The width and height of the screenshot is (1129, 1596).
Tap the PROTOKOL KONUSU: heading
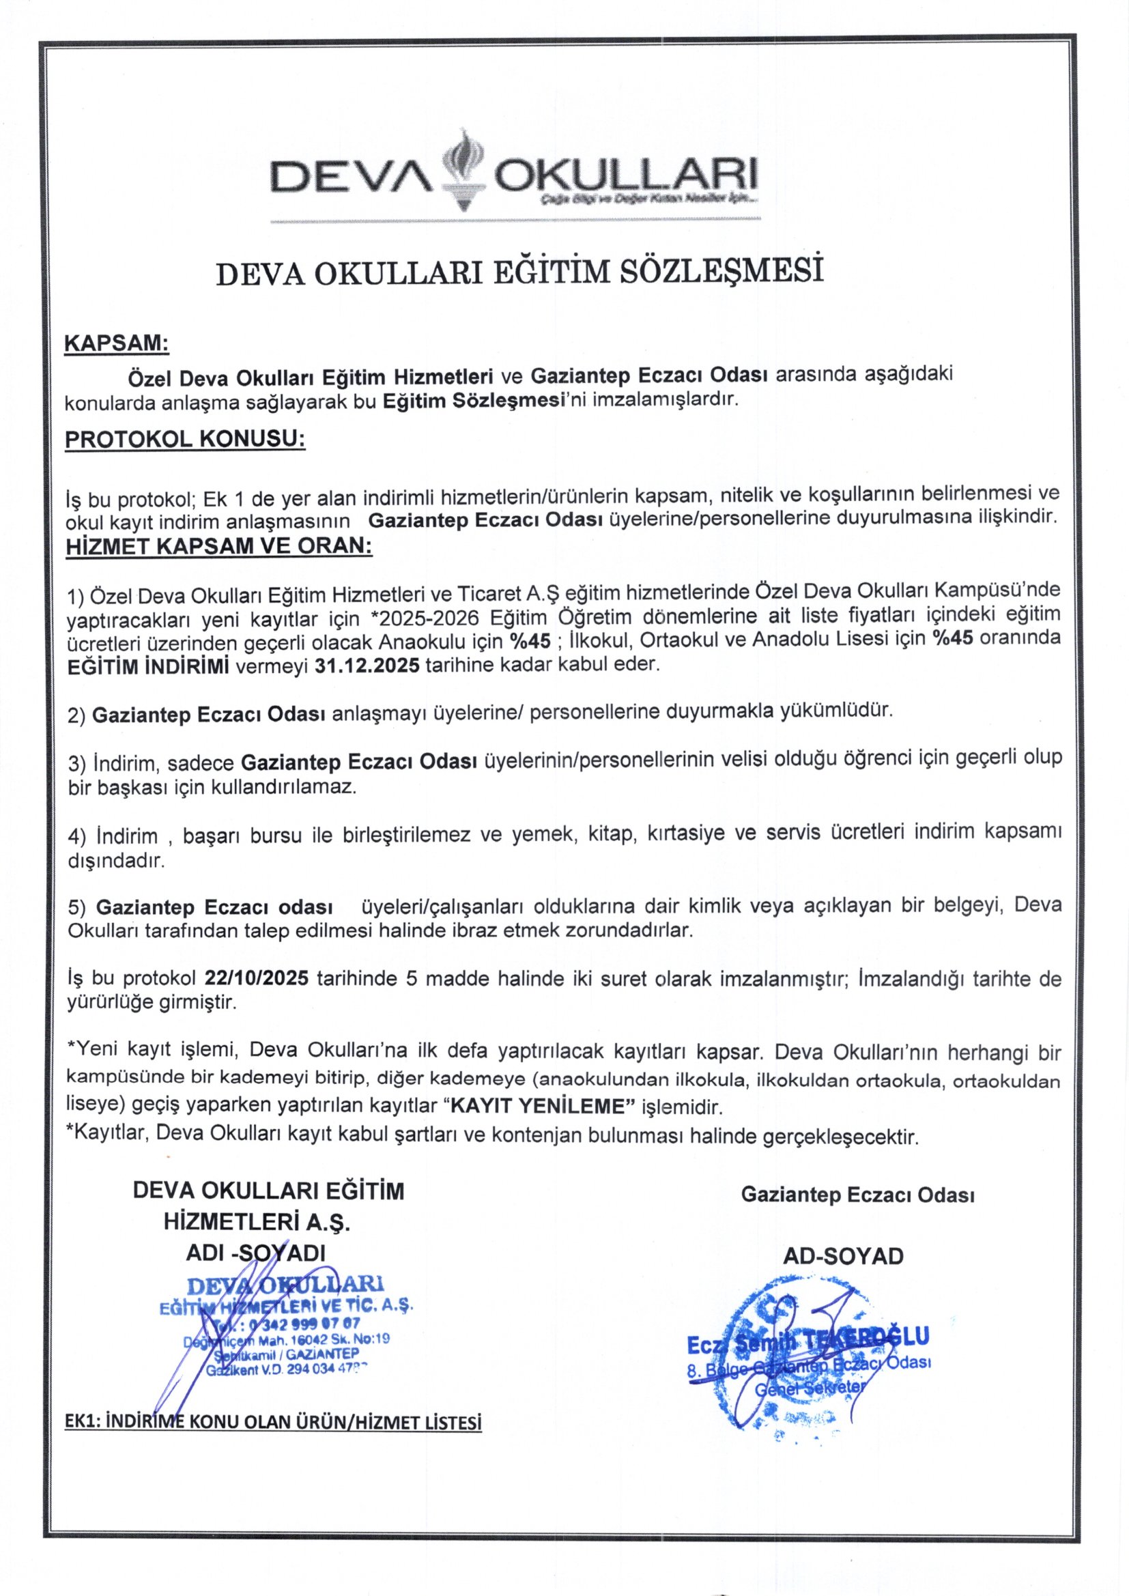tap(185, 440)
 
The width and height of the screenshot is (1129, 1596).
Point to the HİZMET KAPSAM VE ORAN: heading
tap(219, 545)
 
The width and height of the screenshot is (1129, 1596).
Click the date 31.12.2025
tap(367, 664)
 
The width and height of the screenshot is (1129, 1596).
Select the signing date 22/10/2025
tap(257, 978)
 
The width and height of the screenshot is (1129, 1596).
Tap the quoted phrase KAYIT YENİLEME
tap(535, 1105)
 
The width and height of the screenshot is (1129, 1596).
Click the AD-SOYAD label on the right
tap(843, 1255)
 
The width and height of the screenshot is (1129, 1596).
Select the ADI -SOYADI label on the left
tap(256, 1252)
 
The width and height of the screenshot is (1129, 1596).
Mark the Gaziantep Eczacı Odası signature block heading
tap(857, 1194)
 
